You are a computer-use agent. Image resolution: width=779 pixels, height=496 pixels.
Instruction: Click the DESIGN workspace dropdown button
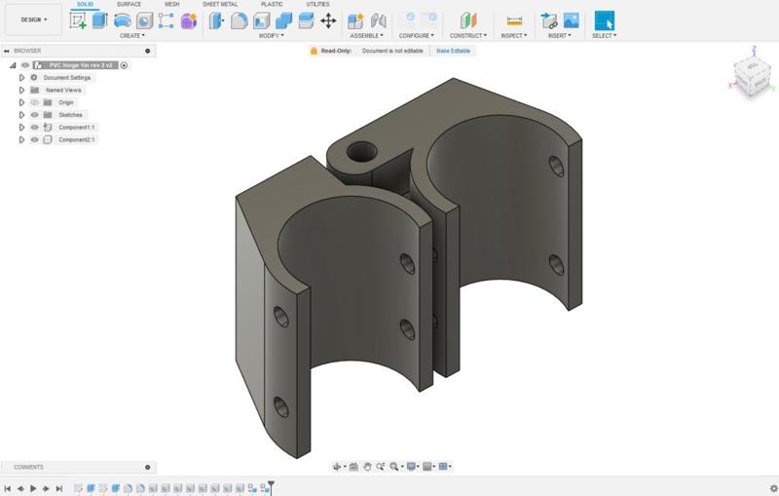(33, 19)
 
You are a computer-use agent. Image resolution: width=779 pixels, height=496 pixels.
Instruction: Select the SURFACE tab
(129, 5)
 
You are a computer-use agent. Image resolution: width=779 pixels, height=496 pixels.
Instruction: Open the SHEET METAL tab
(219, 5)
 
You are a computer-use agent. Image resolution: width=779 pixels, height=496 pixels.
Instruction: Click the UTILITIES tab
(317, 5)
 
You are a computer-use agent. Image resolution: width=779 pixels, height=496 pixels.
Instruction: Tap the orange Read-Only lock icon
(314, 50)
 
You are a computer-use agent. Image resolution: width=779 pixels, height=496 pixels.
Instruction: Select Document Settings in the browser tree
(66, 78)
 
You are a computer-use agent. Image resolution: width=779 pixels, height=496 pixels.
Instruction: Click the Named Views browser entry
(63, 90)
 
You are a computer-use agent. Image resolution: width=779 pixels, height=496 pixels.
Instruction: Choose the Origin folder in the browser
(65, 102)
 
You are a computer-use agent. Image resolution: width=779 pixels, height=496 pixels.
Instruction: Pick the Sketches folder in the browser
(70, 115)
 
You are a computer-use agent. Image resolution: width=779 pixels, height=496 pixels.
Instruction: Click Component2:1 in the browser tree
(77, 140)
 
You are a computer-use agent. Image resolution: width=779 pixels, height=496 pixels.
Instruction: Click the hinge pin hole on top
(363, 151)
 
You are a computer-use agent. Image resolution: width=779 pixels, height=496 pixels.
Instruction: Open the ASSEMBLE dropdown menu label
(366, 36)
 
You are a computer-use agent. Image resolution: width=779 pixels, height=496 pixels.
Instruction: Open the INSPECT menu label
(513, 36)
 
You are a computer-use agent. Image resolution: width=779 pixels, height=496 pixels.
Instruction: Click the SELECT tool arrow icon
(604, 20)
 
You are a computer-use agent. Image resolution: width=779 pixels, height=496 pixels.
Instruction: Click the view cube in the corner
(750, 76)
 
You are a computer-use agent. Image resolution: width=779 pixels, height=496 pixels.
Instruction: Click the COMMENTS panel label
(28, 467)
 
